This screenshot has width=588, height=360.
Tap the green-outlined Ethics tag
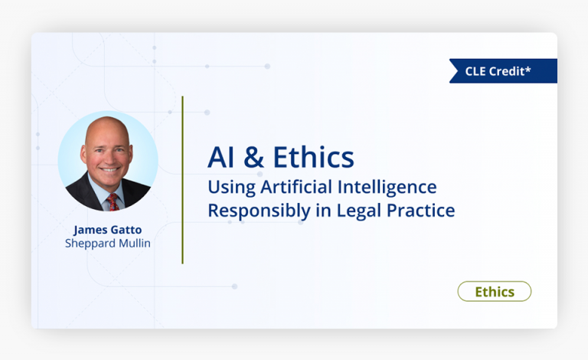494,292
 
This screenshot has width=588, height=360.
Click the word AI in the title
220,157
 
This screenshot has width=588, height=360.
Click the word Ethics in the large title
315,157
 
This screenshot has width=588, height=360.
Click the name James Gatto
108,229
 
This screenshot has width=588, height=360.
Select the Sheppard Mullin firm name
108,244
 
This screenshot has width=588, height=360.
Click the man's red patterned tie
113,201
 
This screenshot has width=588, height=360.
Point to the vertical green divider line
182,180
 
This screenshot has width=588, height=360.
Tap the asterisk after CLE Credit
528,70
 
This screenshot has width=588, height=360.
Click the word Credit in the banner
507,71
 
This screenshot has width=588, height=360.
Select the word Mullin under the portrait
132,244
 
